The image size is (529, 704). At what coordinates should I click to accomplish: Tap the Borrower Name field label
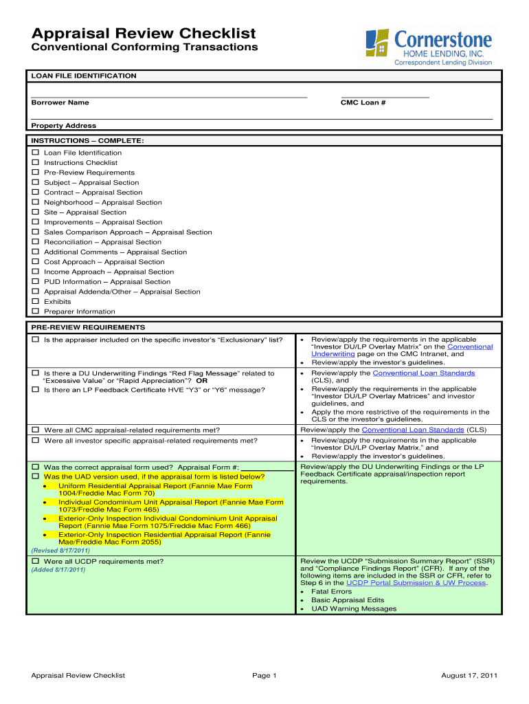tap(60, 102)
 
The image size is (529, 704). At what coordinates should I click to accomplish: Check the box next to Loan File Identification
tap(36, 153)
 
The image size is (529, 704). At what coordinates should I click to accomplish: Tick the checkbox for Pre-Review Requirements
tap(36, 173)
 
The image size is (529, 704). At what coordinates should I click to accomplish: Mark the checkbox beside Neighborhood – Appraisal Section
tap(36, 203)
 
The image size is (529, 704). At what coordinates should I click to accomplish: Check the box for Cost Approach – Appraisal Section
tap(36, 262)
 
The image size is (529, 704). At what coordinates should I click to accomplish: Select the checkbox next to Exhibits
tap(36, 302)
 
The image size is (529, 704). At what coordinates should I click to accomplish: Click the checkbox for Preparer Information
tap(36, 311)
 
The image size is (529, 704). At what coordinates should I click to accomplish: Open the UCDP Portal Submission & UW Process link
tap(416, 582)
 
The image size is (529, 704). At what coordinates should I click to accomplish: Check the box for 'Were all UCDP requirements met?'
tap(36, 562)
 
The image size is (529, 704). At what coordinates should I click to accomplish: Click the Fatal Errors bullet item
tap(331, 591)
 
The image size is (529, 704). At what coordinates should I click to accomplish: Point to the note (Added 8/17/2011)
tap(58, 570)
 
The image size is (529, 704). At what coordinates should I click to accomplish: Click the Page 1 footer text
tap(264, 676)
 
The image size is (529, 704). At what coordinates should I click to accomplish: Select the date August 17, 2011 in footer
tap(469, 676)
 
